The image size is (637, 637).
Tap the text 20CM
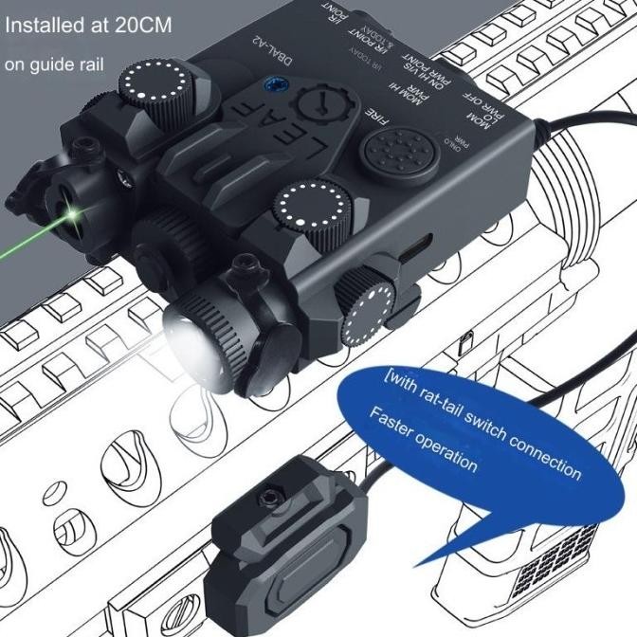(140, 26)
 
